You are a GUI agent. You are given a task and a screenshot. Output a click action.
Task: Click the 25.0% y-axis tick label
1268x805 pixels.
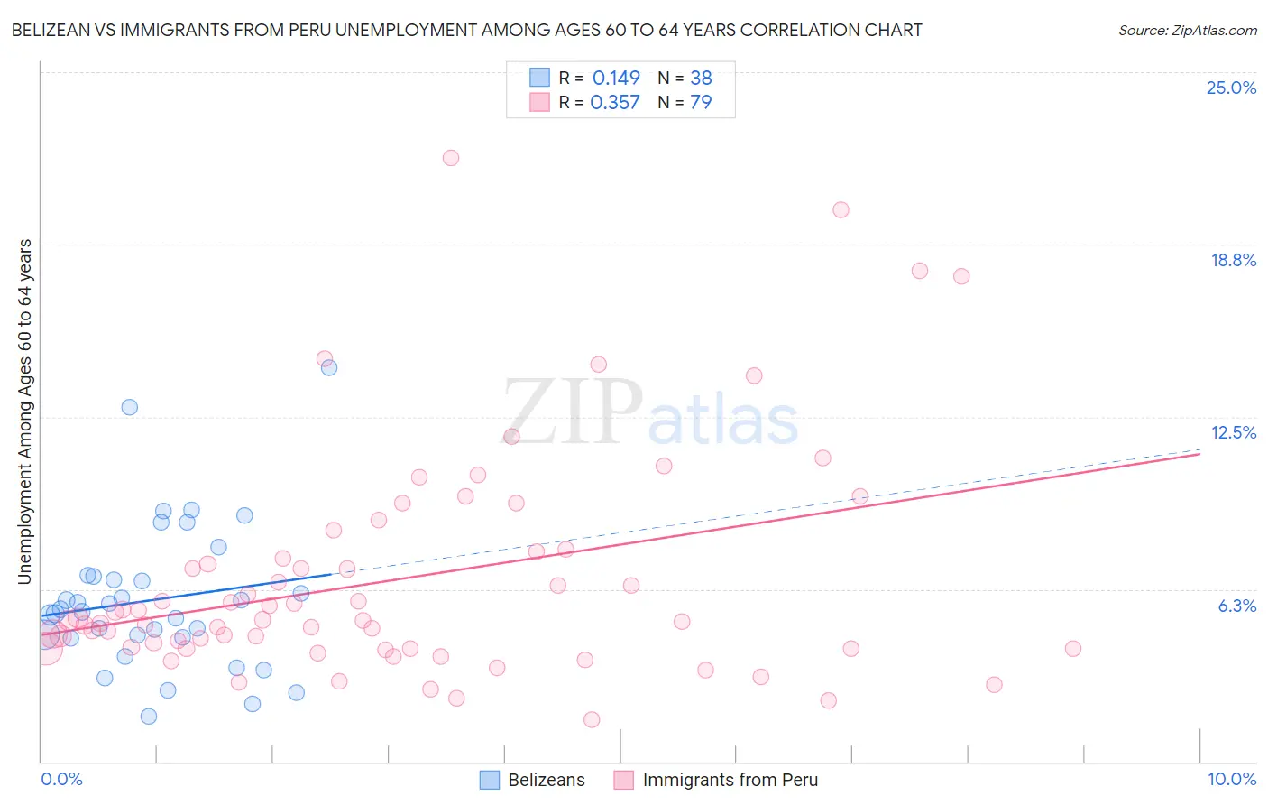pos(1231,88)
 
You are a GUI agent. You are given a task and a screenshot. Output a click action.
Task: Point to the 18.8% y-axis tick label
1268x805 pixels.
pos(1233,260)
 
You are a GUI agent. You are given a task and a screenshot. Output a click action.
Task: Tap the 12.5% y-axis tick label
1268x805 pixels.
pos(1233,432)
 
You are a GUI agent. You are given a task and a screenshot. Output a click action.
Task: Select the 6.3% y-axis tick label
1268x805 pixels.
pos(1236,606)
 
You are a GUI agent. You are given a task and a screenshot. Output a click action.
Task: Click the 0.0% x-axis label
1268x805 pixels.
pos(61,779)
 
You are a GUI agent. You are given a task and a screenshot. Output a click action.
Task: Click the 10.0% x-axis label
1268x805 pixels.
pos(1231,779)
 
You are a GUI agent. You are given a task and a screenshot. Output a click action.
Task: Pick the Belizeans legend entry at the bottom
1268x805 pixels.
pos(533,780)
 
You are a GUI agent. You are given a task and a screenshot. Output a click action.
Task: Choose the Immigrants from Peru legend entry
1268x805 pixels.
pos(716,780)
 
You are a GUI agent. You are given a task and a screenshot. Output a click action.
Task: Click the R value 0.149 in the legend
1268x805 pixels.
pos(616,79)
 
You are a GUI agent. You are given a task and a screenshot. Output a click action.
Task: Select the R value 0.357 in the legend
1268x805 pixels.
pos(615,103)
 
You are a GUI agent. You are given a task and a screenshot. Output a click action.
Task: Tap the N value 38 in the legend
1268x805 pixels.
pos(701,79)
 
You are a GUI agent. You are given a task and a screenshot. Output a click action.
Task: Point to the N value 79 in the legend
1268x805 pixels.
pos(701,103)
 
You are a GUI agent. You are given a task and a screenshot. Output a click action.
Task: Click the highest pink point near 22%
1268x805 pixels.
pos(451,158)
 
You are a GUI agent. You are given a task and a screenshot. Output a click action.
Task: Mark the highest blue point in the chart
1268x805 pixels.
pos(329,367)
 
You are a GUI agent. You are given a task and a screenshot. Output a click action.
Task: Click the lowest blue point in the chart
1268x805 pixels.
pos(149,717)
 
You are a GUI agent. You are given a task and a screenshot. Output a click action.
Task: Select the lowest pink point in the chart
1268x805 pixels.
pos(592,719)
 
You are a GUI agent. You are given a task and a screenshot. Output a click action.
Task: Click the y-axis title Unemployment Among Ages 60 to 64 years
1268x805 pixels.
pos(25,412)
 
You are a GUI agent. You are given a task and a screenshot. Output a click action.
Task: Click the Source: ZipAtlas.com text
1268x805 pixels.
pos(1187,31)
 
